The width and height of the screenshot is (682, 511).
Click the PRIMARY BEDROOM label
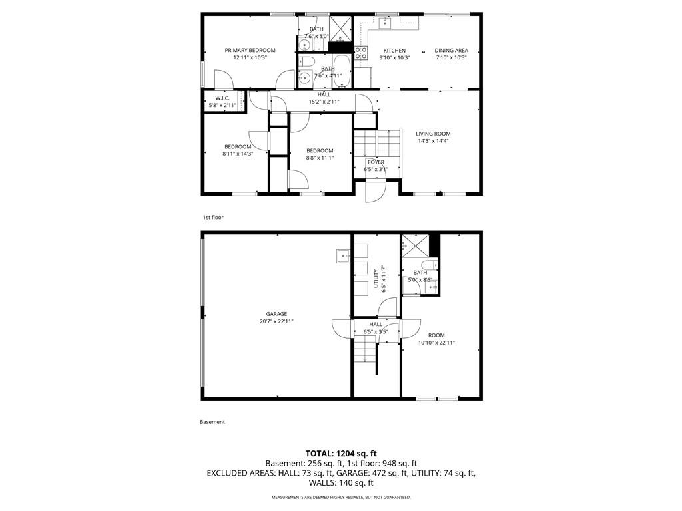(250, 50)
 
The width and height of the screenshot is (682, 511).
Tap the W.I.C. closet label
(222, 98)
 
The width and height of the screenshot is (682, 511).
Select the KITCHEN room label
(394, 51)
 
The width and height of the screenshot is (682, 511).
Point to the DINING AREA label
(451, 51)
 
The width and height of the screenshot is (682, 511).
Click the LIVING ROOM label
(433, 134)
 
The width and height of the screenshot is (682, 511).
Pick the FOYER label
(376, 162)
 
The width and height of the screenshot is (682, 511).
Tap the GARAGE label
(276, 314)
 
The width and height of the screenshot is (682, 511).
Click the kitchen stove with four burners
(361, 53)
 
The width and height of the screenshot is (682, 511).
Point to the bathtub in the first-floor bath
(342, 71)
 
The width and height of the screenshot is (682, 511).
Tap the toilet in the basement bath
(430, 265)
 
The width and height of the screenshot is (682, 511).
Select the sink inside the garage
(343, 256)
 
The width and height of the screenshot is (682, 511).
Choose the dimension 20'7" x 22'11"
(276, 321)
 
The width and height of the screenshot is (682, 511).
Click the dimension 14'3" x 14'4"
(433, 141)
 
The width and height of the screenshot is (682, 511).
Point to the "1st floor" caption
(213, 217)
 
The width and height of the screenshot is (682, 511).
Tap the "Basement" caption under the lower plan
(212, 421)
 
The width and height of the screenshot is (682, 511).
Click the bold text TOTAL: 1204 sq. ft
(341, 454)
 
